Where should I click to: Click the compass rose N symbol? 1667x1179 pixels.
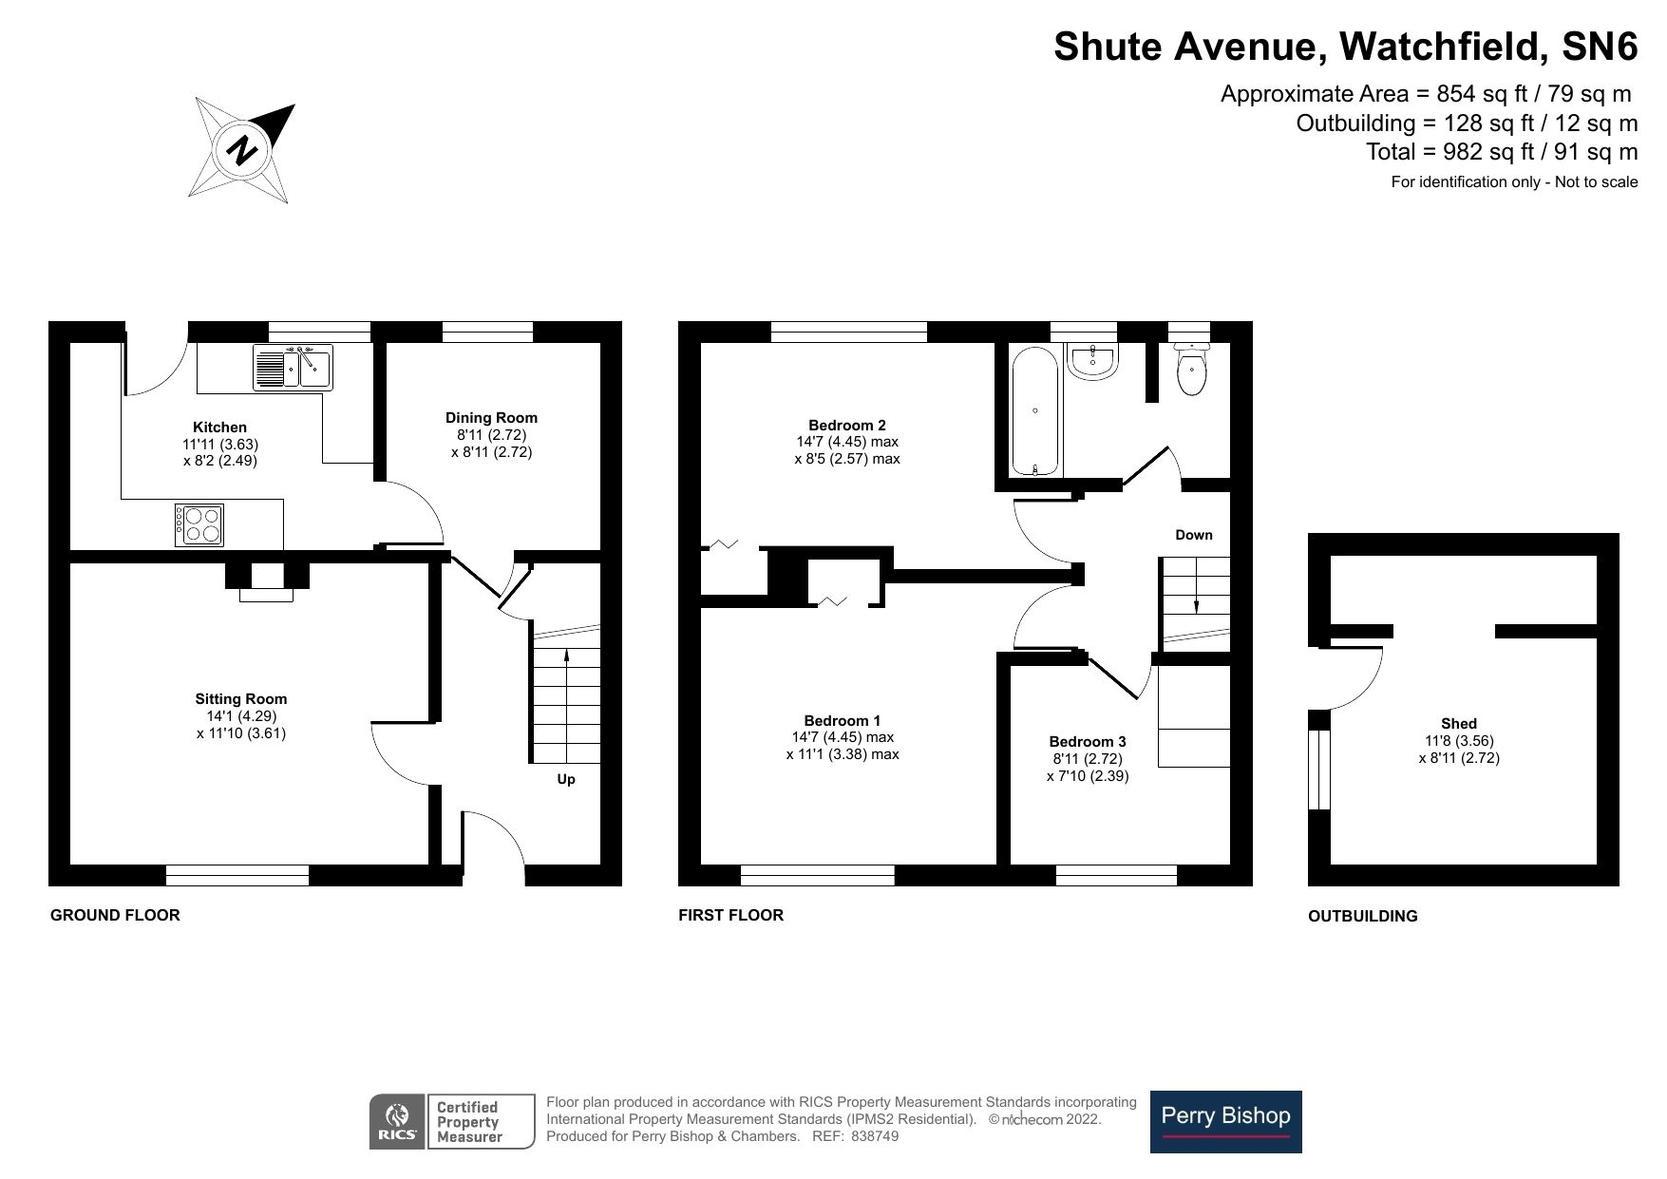point(243,150)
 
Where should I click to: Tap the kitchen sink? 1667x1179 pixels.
point(292,368)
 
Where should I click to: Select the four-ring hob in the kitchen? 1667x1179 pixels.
point(200,524)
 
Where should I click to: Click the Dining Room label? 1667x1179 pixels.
point(491,418)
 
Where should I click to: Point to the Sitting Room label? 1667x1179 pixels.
point(241,699)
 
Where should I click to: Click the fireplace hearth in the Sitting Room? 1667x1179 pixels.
point(267,595)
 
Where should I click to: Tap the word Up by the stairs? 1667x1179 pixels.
point(566,779)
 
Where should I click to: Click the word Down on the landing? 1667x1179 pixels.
point(1194,535)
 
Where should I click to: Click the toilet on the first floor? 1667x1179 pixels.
point(1191,371)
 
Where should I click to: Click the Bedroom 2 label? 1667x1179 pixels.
point(847,425)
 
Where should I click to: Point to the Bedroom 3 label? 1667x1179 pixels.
point(1088,742)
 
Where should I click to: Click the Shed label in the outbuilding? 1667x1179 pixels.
point(1458,724)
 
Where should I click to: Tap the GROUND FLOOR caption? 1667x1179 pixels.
point(115,915)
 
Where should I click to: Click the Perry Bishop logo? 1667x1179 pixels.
point(1225,1121)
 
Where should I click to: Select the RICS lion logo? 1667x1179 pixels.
point(398,1121)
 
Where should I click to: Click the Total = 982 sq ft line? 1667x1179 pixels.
point(1501,152)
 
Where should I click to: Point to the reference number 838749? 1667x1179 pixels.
point(875,1136)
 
